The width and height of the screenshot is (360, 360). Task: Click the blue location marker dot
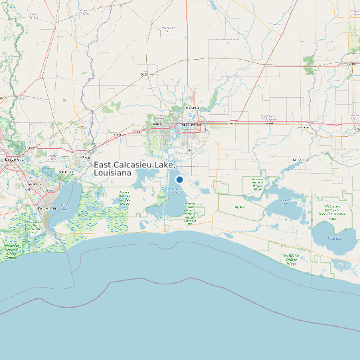(179, 179)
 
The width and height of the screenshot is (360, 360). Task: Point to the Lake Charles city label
(192, 124)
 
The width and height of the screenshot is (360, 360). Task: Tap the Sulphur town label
(157, 124)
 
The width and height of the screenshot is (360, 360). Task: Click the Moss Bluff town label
(192, 107)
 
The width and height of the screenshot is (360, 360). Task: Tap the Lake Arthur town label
(300, 160)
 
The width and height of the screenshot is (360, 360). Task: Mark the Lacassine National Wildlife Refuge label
(256, 184)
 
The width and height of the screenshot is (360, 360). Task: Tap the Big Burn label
(240, 207)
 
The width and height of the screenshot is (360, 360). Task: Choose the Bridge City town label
(64, 172)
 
